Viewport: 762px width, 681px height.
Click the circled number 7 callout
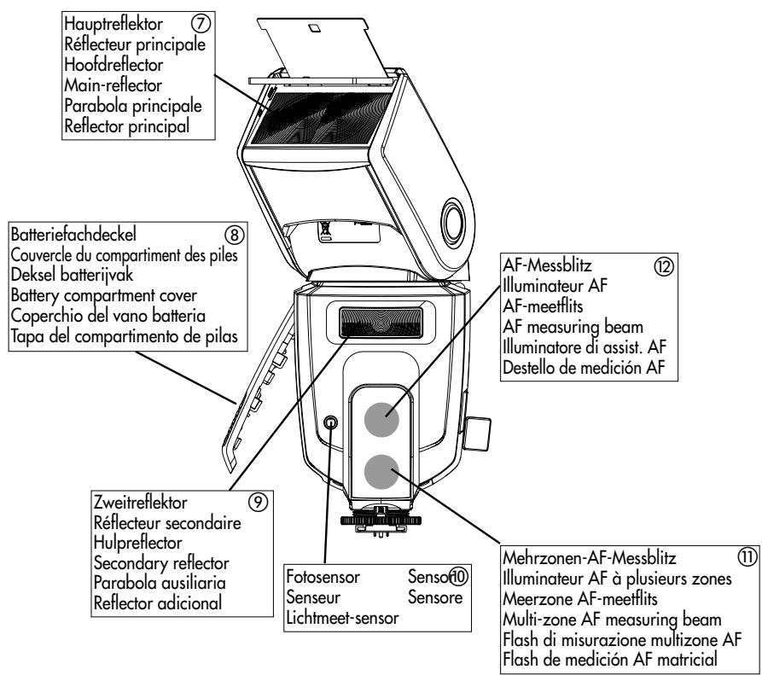point(201,23)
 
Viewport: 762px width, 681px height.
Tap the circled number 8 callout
point(235,235)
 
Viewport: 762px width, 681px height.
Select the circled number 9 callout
point(258,502)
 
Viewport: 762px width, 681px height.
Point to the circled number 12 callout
point(664,266)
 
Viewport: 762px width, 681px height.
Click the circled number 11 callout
point(747,557)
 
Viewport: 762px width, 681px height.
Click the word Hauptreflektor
point(113,24)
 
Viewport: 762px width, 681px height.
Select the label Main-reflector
point(113,85)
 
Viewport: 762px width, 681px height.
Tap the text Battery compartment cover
point(104,295)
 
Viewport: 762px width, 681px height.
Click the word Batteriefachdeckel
point(73,235)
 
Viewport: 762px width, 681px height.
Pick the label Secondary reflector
point(161,563)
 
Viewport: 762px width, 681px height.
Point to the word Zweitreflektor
point(141,502)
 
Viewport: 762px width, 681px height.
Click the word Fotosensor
point(323,577)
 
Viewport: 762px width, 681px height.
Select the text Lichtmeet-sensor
point(343,618)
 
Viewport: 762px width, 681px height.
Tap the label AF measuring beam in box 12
point(573,327)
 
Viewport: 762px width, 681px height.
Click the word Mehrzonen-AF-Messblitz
point(590,557)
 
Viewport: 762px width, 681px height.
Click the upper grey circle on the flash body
point(382,419)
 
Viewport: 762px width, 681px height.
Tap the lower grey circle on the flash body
point(381,472)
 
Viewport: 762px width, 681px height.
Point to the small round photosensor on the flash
point(330,422)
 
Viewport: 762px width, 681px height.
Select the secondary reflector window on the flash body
point(381,323)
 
